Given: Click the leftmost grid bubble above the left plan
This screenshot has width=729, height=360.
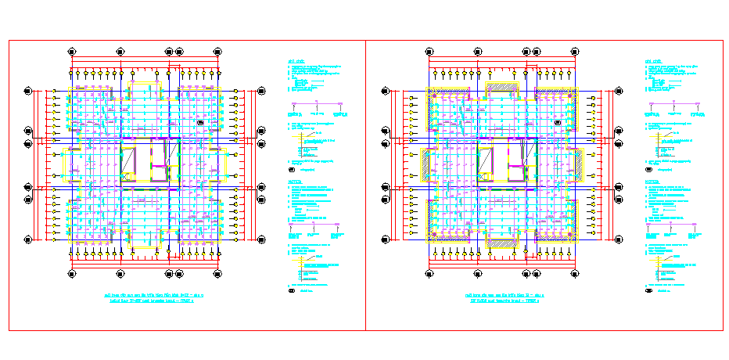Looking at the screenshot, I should pyautogui.click(x=72, y=51).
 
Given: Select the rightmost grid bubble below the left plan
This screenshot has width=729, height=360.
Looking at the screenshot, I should pyautogui.click(x=216, y=273).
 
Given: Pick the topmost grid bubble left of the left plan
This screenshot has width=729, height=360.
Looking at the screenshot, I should pyautogui.click(x=28, y=92).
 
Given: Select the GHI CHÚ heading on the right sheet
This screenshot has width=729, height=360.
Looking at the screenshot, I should pyautogui.click(x=652, y=60).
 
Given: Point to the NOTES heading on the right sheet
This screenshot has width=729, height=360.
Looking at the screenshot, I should pyautogui.click(x=652, y=182).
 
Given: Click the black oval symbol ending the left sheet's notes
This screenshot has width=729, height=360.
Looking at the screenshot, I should pyautogui.click(x=292, y=291).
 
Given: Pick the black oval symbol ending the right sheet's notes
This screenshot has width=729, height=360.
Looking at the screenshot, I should pyautogui.click(x=648, y=291).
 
